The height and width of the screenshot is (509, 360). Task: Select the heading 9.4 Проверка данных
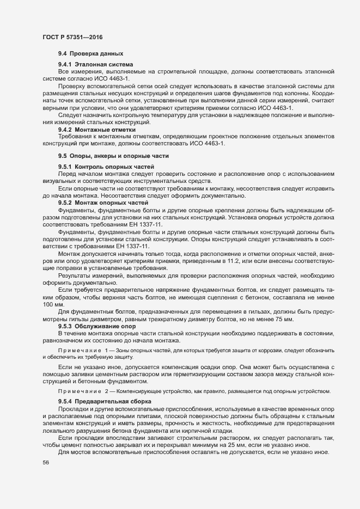pyautogui.click(x=91, y=53)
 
